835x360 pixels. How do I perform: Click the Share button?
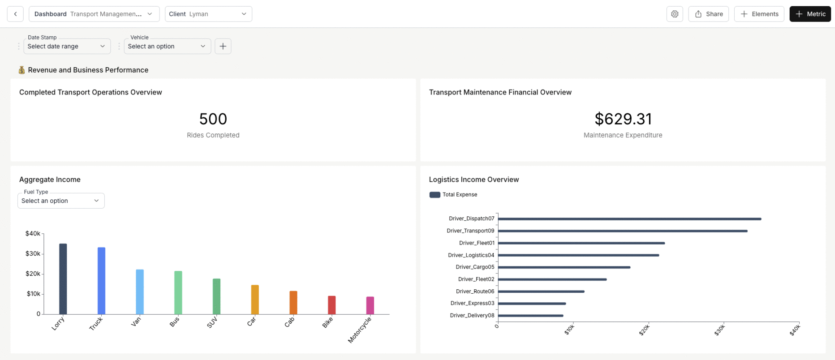point(708,14)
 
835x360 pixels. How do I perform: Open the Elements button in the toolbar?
point(759,14)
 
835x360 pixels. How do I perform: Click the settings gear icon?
point(675,14)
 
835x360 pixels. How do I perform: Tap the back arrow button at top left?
point(15,14)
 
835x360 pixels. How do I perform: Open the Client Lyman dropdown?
point(208,14)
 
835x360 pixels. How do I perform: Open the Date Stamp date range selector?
point(67,46)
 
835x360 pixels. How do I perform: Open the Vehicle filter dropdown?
point(167,46)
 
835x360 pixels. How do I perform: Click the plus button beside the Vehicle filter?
point(223,46)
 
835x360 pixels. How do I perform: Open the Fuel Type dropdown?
point(61,201)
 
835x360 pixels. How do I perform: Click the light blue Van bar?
point(140,291)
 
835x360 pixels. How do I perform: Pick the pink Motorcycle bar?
point(370,305)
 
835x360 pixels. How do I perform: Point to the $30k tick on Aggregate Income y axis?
point(33,253)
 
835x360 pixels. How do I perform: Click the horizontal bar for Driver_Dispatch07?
point(629,219)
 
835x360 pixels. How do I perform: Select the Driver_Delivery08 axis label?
point(472,315)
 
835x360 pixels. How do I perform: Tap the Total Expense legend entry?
point(453,195)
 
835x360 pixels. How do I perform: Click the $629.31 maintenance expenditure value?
point(623,119)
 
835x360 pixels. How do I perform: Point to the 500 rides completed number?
point(213,119)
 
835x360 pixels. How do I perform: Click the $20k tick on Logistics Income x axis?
point(645,330)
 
